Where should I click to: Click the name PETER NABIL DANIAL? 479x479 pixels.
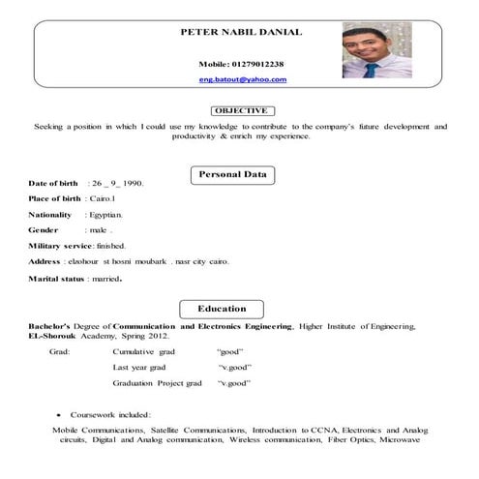tap(241, 32)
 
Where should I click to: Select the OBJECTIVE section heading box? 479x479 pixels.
tap(239, 110)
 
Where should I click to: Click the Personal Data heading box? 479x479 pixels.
tap(232, 174)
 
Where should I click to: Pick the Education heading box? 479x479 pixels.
tap(222, 309)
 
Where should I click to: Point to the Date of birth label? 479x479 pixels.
tap(55, 182)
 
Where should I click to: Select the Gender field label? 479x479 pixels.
tap(44, 230)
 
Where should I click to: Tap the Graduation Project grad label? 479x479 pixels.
tap(157, 383)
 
